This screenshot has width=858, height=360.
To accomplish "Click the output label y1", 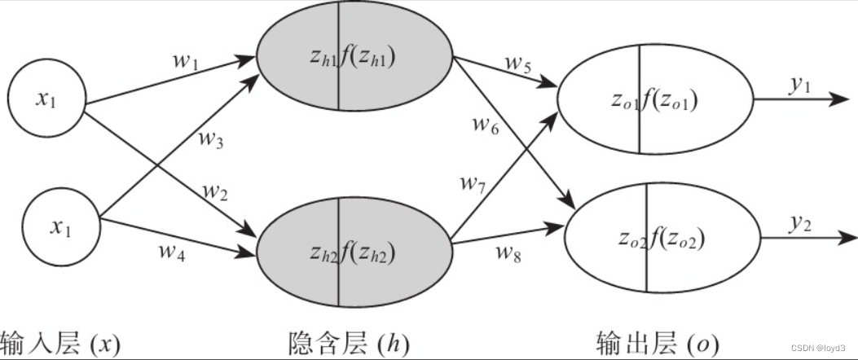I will pos(798,86).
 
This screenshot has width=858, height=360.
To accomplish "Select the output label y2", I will pos(798,224).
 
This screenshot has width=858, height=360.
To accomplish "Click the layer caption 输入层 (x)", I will pos(61,343).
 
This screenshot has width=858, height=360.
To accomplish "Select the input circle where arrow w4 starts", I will pos(58,228).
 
